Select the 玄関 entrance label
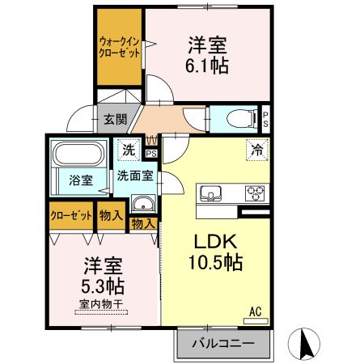coord(114,120)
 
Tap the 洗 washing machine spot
coord(129,149)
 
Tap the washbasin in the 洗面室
coord(142,203)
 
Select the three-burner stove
coord(256,193)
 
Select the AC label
coord(254,310)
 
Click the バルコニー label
coord(222,344)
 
